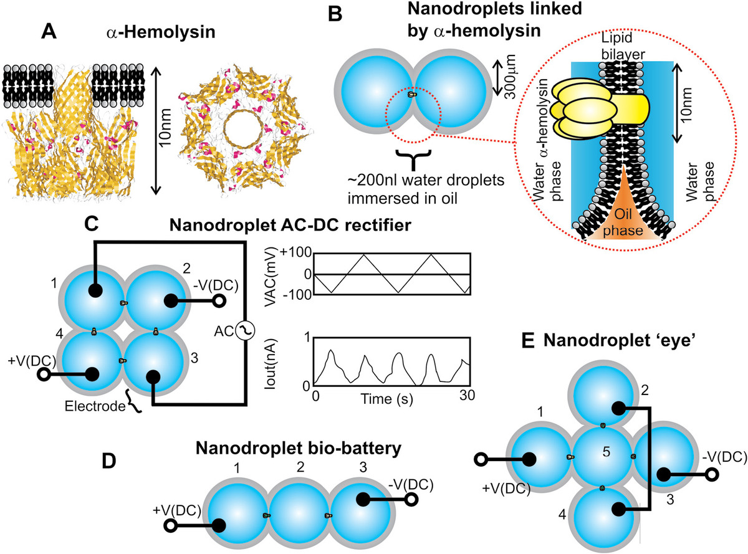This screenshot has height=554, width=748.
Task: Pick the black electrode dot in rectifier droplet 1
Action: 94,290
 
